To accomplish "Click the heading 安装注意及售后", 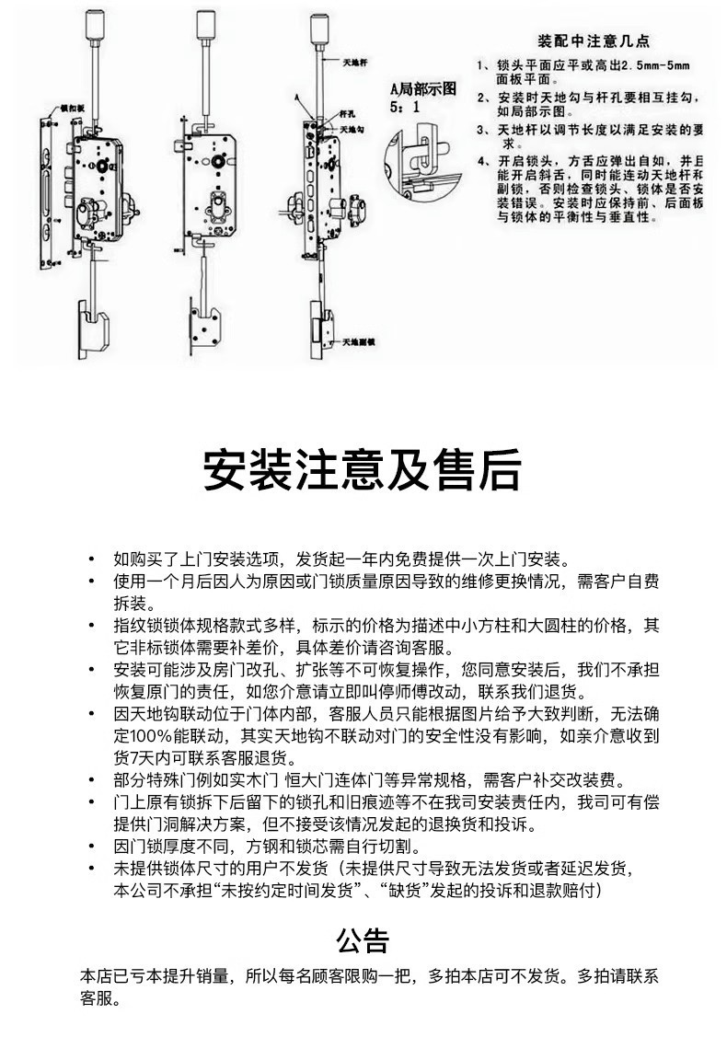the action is point(363,471).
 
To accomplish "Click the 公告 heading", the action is point(363,940).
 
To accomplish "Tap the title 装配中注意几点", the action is point(594,41).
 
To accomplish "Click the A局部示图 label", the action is point(423,89).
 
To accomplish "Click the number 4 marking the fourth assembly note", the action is point(481,162).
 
